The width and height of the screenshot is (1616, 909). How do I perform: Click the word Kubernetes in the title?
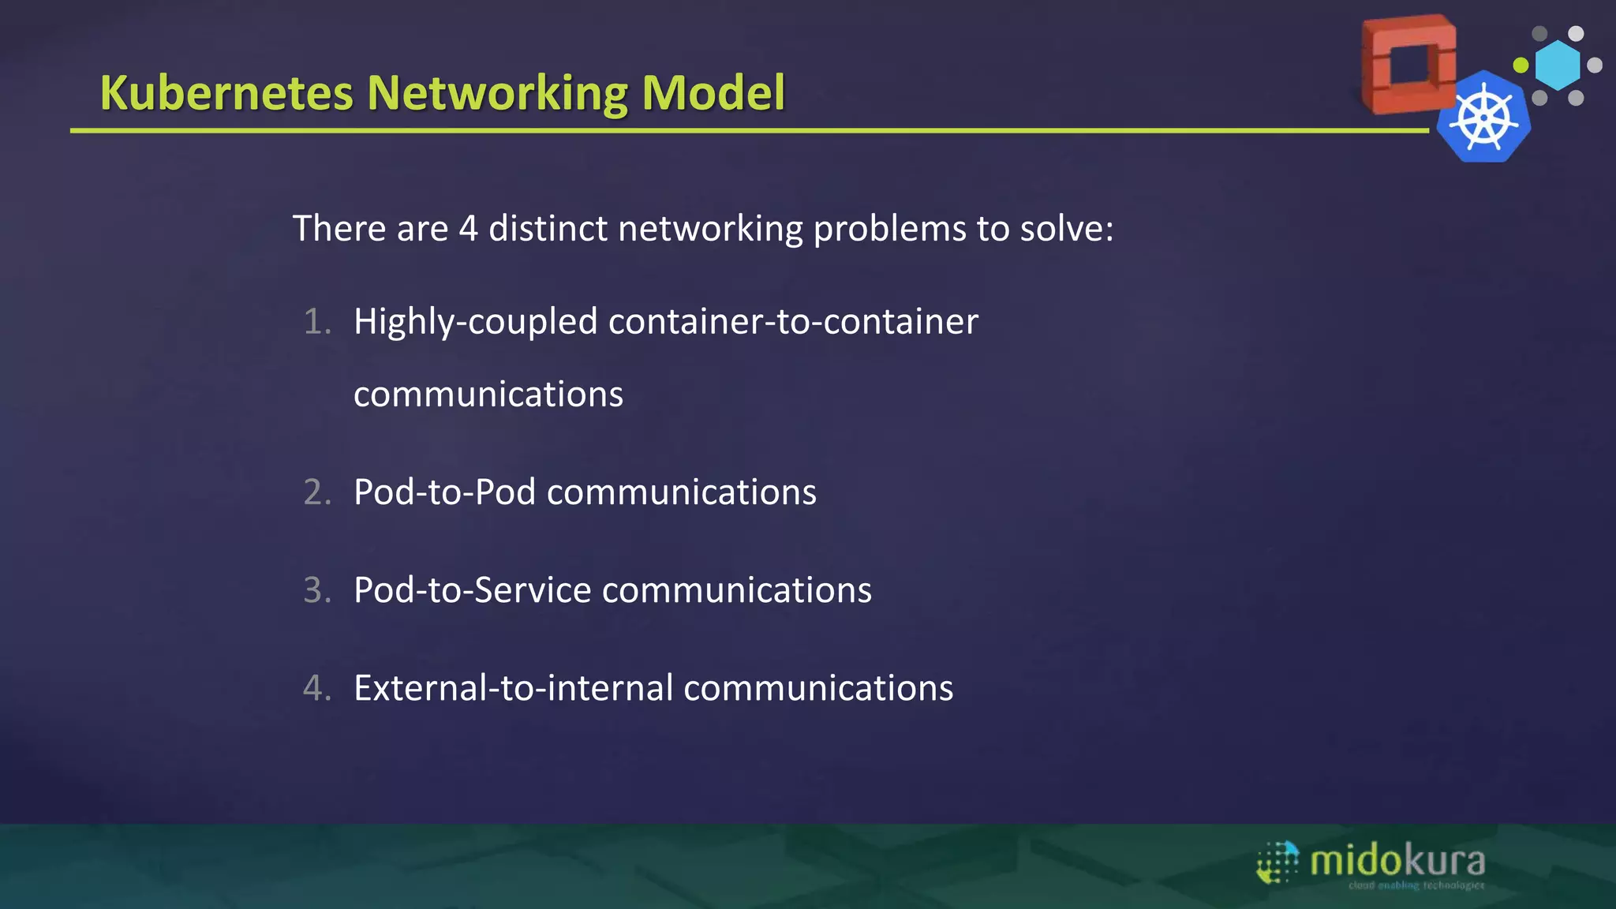[x=226, y=93]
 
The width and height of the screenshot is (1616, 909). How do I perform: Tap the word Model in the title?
[x=713, y=93]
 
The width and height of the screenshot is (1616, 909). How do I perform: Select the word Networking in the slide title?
[x=498, y=93]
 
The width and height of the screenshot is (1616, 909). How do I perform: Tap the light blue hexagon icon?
[x=1558, y=65]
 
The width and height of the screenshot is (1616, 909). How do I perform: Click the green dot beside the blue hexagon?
[x=1521, y=65]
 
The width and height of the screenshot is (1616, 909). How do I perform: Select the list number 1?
[x=316, y=322]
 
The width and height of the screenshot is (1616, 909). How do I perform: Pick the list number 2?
[x=316, y=492]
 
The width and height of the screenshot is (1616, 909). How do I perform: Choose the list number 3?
[x=316, y=590]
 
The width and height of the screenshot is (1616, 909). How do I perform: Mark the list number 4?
[x=316, y=688]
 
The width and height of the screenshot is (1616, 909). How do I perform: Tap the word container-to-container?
[x=793, y=322]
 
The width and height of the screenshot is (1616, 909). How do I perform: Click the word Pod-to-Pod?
[x=444, y=492]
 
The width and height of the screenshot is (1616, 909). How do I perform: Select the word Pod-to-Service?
[x=472, y=590]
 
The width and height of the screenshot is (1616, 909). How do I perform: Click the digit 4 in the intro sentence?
[x=468, y=229]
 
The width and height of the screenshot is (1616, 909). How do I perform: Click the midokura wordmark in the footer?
[x=1397, y=861]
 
